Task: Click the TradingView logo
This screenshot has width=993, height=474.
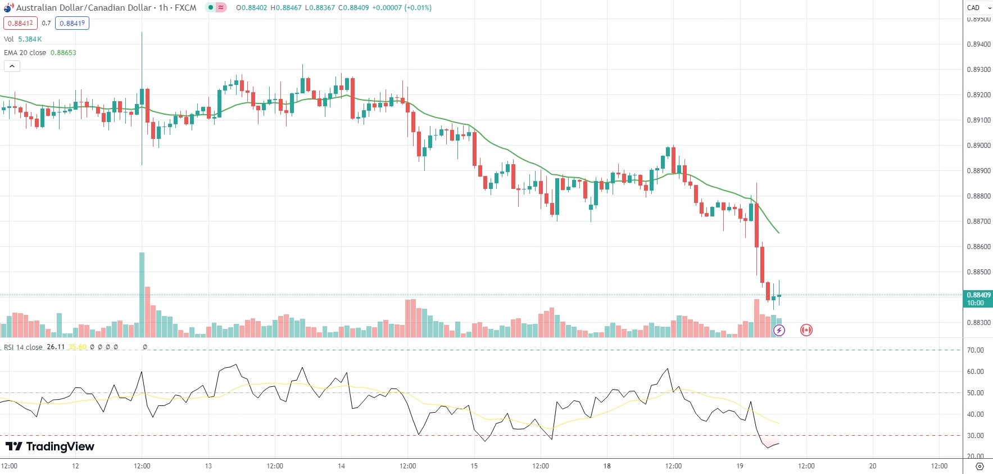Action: [x=49, y=446]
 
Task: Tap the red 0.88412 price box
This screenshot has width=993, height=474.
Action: [x=20, y=23]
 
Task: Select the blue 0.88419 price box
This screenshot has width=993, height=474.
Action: [x=72, y=23]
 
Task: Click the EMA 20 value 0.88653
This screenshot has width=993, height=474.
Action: [x=63, y=52]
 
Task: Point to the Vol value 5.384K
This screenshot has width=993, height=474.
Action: [x=30, y=39]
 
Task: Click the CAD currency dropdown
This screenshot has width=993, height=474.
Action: [x=978, y=7]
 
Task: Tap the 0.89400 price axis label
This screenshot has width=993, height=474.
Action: [x=978, y=44]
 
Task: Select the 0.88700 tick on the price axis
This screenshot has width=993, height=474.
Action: [x=978, y=222]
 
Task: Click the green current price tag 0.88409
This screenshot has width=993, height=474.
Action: [x=978, y=299]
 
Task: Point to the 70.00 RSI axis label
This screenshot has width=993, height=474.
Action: [x=975, y=350]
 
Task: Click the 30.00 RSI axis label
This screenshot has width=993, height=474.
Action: [x=975, y=435]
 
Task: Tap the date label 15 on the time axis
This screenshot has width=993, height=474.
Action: [x=474, y=466]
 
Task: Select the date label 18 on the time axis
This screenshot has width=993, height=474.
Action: [x=607, y=466]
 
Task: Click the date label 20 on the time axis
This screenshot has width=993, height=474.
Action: [x=873, y=466]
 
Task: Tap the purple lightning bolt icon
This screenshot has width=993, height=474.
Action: [x=779, y=330]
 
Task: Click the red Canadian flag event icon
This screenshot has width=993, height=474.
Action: [x=806, y=330]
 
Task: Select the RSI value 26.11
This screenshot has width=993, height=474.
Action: [x=56, y=347]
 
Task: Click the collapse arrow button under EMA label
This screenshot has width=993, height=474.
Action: [x=12, y=66]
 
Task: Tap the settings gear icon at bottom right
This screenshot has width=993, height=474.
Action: [x=980, y=466]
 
